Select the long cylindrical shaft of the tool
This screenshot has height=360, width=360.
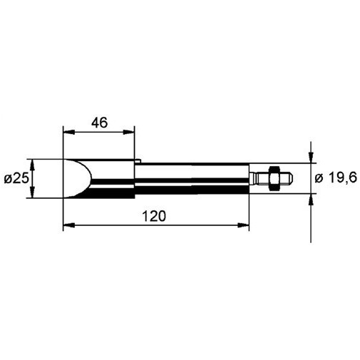point(192,178)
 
